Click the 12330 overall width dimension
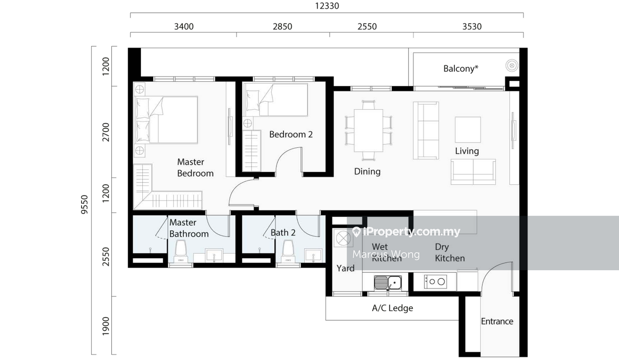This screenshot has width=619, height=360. [327, 6]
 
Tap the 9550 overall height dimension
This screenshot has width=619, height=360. [84, 204]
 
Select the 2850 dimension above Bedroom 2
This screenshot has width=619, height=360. [282, 27]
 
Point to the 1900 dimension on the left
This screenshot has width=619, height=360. [106, 326]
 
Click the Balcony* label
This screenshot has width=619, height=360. [461, 68]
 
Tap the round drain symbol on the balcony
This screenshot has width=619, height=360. [512, 66]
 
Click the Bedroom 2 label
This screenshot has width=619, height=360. [291, 134]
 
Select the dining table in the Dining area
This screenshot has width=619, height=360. [368, 131]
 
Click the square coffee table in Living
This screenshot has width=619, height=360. [468, 129]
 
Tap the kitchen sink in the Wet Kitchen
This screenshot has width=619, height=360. [388, 282]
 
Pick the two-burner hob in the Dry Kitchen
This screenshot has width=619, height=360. [436, 281]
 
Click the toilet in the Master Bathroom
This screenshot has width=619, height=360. [181, 251]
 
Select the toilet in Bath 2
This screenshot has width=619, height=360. [288, 251]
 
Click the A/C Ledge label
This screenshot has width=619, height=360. [392, 308]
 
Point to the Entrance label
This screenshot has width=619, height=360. [497, 321]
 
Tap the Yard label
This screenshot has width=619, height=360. [346, 268]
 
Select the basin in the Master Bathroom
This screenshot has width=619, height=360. [214, 256]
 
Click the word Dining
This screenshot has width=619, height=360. [367, 171]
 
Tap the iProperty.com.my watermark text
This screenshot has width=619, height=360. [407, 232]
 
